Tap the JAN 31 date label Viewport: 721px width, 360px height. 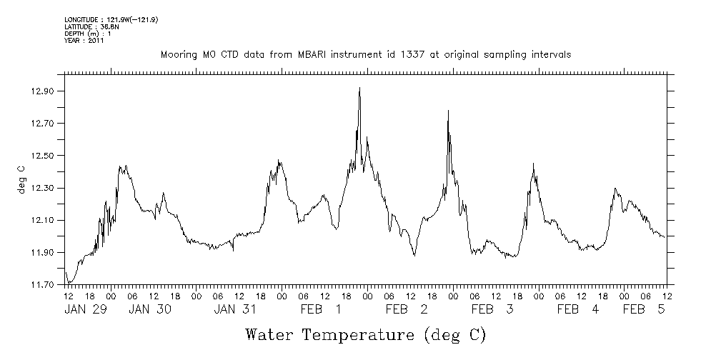point(235,309)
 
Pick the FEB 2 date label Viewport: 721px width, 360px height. point(407,309)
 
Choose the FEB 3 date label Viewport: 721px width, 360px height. point(492,309)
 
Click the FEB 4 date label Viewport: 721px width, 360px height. point(578,309)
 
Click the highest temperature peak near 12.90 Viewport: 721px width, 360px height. point(359,88)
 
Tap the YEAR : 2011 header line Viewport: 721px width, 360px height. point(84,41)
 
